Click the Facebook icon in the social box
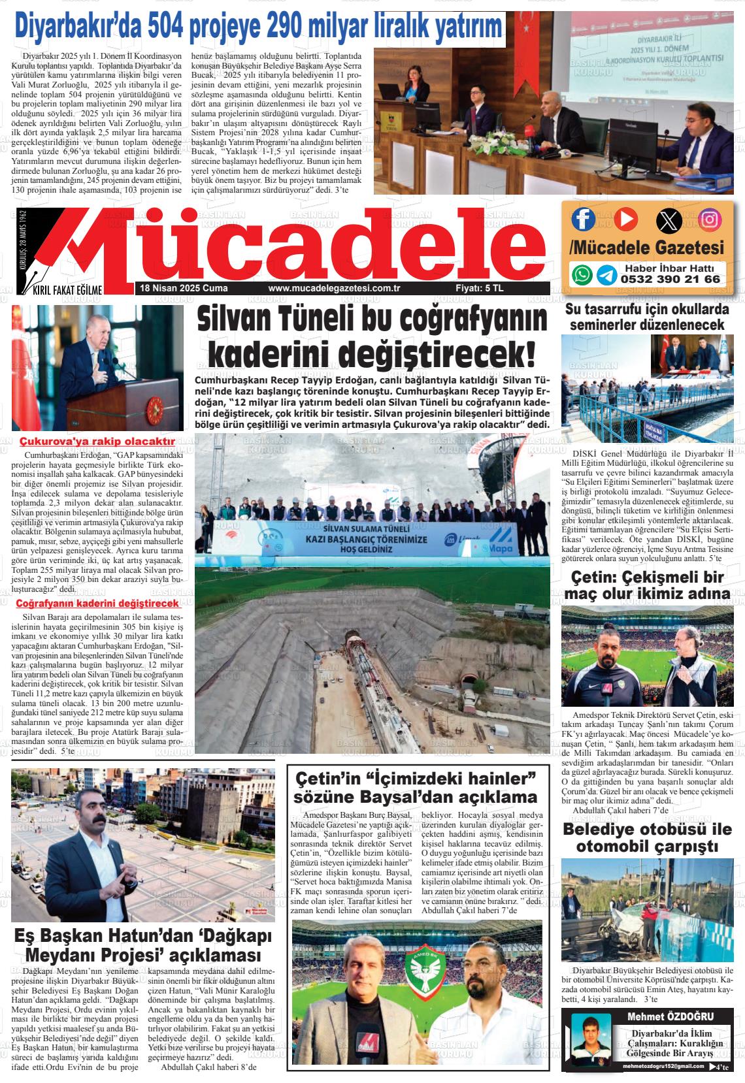tap(583, 219)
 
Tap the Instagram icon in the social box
tap(709, 219)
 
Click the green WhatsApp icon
tap(582, 274)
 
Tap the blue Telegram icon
tap(606, 275)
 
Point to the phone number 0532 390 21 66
tap(670, 279)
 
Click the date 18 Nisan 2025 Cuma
tap(174, 288)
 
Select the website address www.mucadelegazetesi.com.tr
tap(334, 288)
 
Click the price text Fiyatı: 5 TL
tap(479, 288)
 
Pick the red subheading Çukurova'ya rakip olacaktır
tap(97, 442)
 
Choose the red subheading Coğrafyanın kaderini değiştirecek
tap(97, 603)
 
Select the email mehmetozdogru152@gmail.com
tap(663, 1067)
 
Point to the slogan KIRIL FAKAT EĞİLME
tap(68, 290)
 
